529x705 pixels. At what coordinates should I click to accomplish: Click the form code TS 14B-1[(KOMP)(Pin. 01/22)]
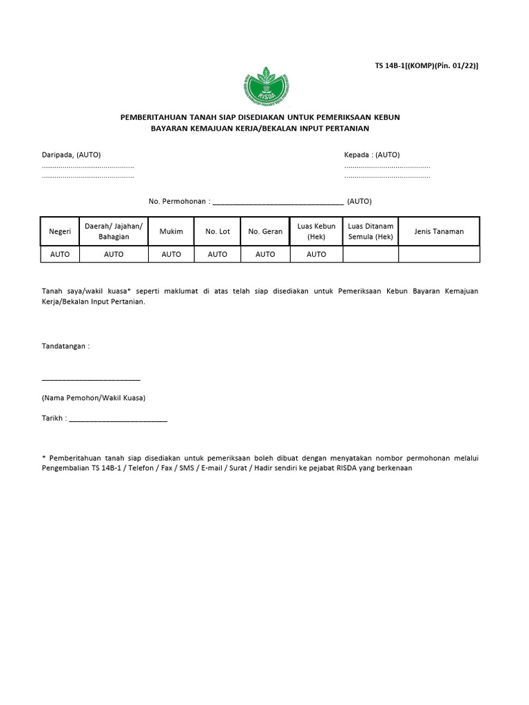tap(426, 65)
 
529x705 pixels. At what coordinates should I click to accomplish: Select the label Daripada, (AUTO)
tap(72, 155)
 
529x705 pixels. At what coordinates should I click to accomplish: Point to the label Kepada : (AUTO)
tap(372, 155)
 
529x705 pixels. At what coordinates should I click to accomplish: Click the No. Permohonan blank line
tap(278, 202)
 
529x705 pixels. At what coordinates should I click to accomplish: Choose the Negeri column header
tap(60, 231)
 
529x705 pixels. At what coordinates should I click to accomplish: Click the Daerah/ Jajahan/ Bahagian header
tap(114, 231)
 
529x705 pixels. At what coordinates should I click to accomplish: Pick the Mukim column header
tap(172, 231)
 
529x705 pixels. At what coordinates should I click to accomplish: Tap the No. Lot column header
tap(218, 231)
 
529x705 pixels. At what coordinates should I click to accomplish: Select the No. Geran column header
tap(265, 231)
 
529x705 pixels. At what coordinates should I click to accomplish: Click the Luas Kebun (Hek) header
tap(316, 231)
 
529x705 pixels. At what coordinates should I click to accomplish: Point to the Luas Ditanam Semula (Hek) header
tap(371, 231)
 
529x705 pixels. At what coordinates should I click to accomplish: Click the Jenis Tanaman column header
tap(439, 231)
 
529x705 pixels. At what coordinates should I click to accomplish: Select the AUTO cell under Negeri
tap(60, 254)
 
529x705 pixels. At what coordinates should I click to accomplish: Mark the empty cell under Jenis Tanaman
tap(439, 254)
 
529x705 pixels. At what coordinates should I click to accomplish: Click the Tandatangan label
tap(65, 346)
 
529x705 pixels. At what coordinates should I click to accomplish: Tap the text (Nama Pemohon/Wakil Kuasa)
tap(94, 398)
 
